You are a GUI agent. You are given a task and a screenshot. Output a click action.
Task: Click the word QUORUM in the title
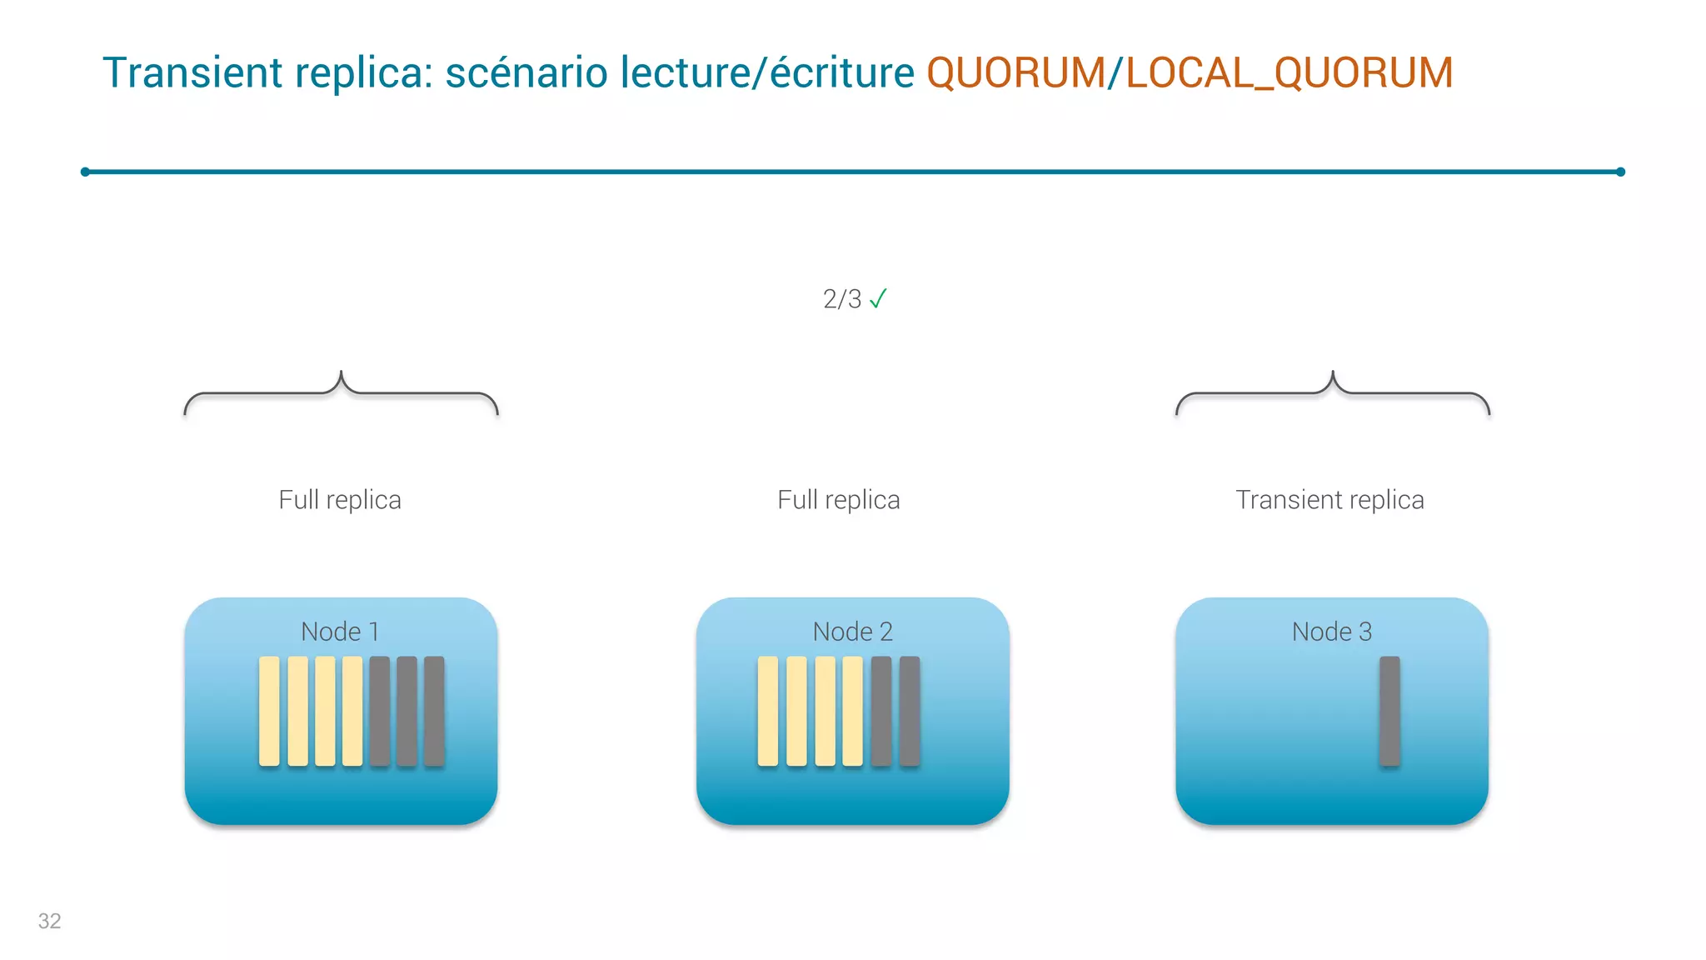[1015, 72]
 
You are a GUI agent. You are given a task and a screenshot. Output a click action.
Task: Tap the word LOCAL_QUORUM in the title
[1289, 72]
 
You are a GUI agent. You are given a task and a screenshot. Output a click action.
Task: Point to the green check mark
[878, 298]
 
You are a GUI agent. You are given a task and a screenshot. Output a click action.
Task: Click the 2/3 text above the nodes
[841, 299]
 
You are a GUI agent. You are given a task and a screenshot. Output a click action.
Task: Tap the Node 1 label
[340, 632]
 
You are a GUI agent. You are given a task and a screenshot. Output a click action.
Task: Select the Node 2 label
[852, 632]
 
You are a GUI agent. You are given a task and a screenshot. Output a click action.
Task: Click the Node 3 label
[1331, 632]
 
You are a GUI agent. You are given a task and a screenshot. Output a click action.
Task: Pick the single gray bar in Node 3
[1389, 711]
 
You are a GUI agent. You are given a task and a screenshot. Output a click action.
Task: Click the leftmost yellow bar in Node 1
[269, 711]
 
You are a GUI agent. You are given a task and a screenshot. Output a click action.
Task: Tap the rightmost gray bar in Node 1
[434, 711]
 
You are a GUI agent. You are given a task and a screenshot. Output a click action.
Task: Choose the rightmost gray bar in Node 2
[909, 711]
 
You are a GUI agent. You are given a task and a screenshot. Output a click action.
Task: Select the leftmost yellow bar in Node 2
[767, 711]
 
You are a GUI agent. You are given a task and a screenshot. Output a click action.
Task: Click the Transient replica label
[1329, 500]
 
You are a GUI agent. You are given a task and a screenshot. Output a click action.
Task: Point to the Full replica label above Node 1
[340, 500]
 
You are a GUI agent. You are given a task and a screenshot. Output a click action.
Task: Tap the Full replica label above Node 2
[838, 500]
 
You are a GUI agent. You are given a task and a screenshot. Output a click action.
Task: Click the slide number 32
[49, 921]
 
